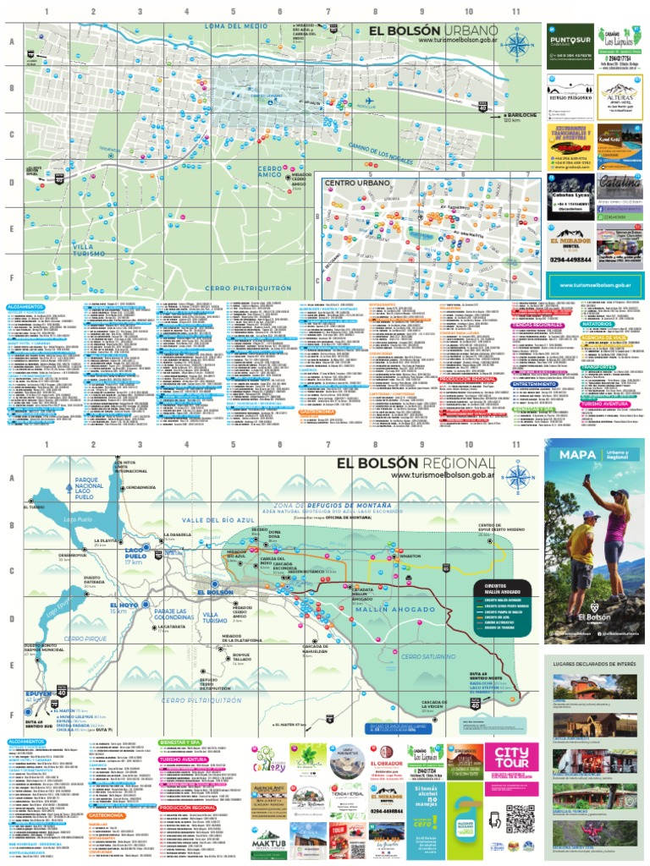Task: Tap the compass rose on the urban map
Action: point(520,43)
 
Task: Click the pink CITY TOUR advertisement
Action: point(517,765)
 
